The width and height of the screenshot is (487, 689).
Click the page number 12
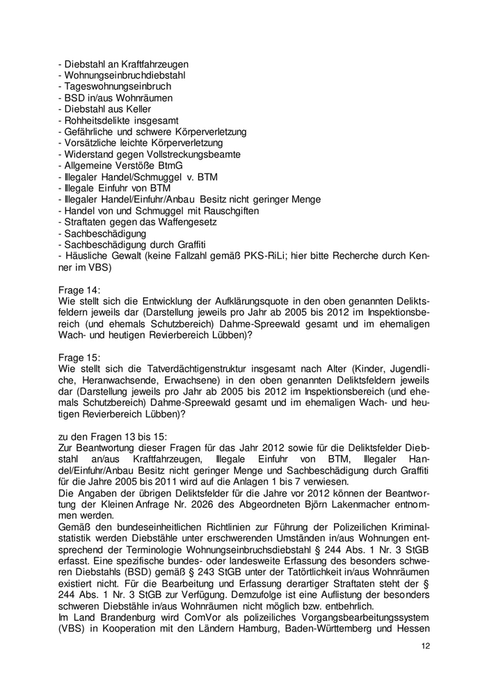click(x=426, y=645)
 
